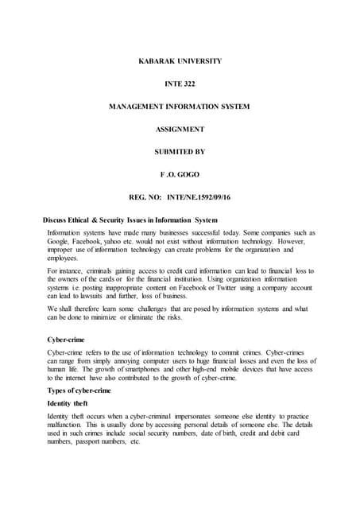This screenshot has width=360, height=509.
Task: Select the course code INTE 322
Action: tap(180, 84)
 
